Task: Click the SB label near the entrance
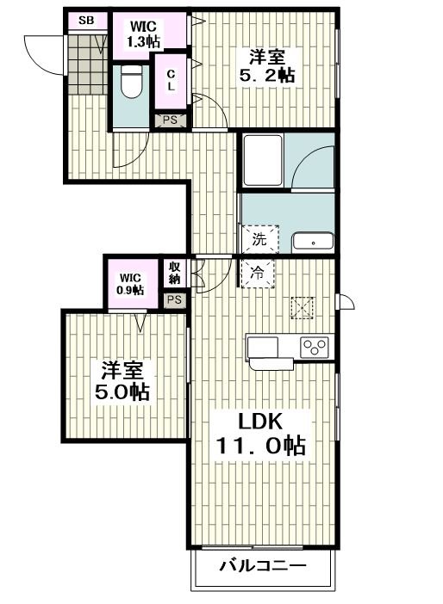point(86,21)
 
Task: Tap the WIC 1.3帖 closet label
point(144,34)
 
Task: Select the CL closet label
point(171,81)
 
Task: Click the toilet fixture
point(132,81)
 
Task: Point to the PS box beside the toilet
point(170,120)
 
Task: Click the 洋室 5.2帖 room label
point(267,66)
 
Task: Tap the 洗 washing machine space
point(259,239)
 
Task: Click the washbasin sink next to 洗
point(313,243)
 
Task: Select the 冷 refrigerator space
point(258,273)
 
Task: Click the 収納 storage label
point(175,273)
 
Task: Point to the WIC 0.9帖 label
point(130,284)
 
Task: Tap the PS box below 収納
point(174,299)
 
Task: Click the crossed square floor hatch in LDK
point(303,308)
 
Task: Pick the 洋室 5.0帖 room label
point(122,381)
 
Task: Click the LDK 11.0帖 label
point(261,434)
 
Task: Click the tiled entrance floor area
point(89,65)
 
